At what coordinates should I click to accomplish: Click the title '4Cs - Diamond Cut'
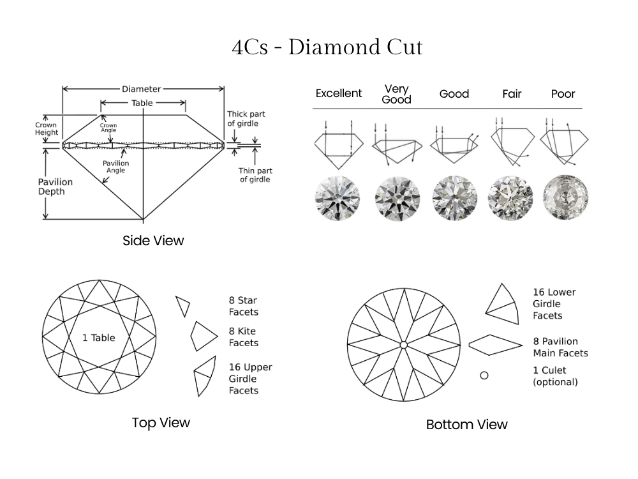[x=327, y=48]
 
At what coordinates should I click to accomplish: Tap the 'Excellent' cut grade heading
[x=339, y=93]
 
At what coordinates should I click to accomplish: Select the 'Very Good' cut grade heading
[x=396, y=94]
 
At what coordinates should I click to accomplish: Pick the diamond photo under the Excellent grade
[x=338, y=197]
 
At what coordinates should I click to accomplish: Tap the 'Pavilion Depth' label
[x=55, y=187]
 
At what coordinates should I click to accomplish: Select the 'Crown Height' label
[x=47, y=128]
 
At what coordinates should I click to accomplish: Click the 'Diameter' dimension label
[x=142, y=89]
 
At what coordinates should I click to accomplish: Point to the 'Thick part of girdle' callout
[x=246, y=119]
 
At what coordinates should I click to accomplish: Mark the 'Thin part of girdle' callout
[x=255, y=175]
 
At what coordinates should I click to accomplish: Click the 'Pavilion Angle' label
[x=115, y=167]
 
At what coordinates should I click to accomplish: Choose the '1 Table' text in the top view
[x=98, y=338]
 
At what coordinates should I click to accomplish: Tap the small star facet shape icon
[x=183, y=305]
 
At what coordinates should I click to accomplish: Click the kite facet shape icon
[x=204, y=335]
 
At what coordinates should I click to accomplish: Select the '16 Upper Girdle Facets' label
[x=250, y=379]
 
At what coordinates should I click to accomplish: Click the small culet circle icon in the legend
[x=484, y=375]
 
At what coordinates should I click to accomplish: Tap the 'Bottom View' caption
[x=466, y=425]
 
